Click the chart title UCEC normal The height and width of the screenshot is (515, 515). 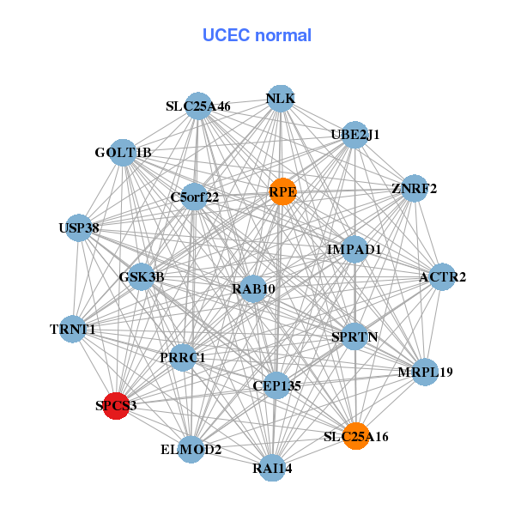tap(257, 35)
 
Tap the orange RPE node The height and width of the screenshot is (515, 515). tap(282, 191)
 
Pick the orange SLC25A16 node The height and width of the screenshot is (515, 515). tap(356, 436)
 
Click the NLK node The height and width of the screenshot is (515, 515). tap(281, 99)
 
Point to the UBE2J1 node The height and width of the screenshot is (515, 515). tap(355, 135)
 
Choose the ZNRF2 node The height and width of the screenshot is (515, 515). tap(414, 189)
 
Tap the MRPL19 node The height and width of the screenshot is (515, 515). tap(425, 373)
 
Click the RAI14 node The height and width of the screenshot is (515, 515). tap(272, 468)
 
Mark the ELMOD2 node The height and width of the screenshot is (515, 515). tap(191, 450)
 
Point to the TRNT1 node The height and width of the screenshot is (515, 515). tap(72, 329)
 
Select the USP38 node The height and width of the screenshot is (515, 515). tap(78, 228)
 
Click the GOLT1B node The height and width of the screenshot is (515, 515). tap(124, 153)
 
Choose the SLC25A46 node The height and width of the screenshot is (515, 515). tap(198, 106)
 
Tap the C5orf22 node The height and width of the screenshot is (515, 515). tap(195, 197)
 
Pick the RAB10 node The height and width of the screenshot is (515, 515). tap(253, 289)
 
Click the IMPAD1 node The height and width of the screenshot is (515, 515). tap(354, 249)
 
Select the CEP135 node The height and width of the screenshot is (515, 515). tap(276, 385)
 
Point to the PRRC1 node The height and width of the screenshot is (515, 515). tap(182, 357)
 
